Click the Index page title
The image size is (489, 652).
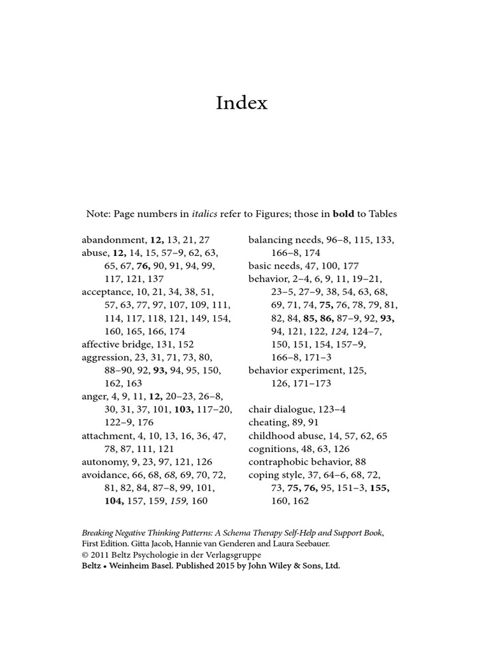tap(241, 103)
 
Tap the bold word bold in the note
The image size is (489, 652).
tap(343, 214)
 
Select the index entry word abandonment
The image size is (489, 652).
tap(114, 240)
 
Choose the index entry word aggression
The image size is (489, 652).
tap(106, 357)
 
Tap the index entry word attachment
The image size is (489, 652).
tap(107, 436)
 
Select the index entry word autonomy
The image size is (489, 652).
tap(104, 462)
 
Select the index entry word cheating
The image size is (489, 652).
tap(269, 422)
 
